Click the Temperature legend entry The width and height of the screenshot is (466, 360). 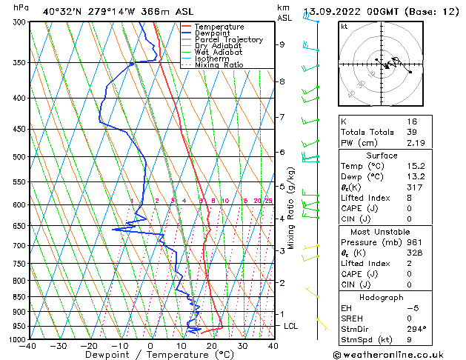coord(219,27)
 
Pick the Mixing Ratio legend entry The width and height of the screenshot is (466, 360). coord(219,65)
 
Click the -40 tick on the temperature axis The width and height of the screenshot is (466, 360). coord(28,346)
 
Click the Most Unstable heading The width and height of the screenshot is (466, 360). coord(381,231)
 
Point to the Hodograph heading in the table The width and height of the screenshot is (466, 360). coord(381,297)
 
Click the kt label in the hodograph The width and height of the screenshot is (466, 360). coord(344,27)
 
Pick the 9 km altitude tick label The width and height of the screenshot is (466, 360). coord(282,44)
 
